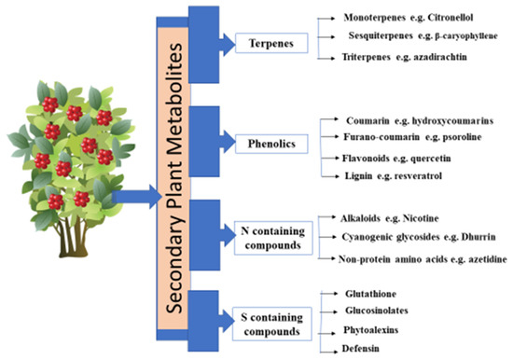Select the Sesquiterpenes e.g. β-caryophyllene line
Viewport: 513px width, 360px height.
[418, 37]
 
